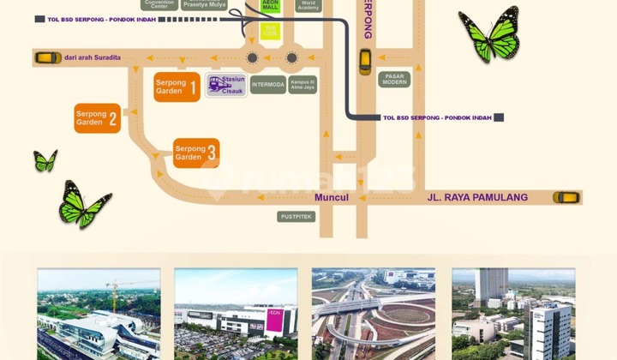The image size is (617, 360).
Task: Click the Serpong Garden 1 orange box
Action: point(177,87)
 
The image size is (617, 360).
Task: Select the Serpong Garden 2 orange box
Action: point(97,118)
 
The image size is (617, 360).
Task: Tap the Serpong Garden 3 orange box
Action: point(196,153)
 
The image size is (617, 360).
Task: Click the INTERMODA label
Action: point(267,85)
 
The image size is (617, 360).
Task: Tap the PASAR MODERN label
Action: point(394,80)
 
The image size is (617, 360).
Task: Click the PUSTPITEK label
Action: point(297,217)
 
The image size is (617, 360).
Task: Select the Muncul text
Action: point(332,198)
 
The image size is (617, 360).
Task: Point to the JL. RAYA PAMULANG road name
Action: point(477,198)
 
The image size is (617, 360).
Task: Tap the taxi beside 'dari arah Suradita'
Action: point(47,57)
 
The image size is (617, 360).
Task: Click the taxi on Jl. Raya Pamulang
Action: point(566,197)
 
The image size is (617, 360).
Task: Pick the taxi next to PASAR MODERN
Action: point(365,61)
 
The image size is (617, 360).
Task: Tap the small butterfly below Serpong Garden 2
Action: point(45,160)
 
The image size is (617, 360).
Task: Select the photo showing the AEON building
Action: point(236,314)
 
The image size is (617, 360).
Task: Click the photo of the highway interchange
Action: point(373,314)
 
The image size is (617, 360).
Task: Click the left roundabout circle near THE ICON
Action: point(252,58)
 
